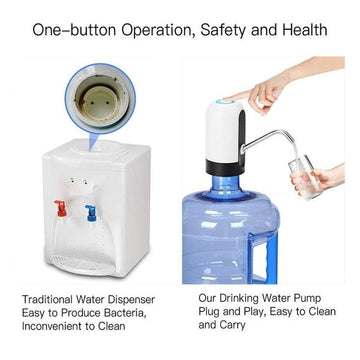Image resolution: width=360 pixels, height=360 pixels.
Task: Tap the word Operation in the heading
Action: pyautogui.click(x=153, y=30)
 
